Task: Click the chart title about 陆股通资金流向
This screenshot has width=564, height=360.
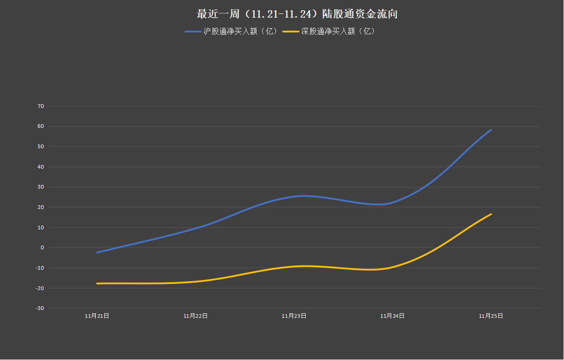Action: click(x=297, y=14)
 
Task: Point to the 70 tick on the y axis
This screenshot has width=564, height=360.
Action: click(x=41, y=106)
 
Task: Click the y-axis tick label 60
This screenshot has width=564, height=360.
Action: click(x=41, y=126)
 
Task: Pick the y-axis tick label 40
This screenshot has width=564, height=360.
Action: click(x=41, y=167)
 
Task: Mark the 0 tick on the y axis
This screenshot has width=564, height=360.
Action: click(x=42, y=247)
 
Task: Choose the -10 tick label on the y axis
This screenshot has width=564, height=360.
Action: click(x=40, y=268)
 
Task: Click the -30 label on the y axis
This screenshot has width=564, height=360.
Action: click(x=40, y=308)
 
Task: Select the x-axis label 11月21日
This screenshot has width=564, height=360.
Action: click(x=97, y=316)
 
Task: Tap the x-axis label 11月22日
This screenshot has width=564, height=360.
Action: click(x=195, y=316)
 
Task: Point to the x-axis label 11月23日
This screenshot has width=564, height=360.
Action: click(x=294, y=316)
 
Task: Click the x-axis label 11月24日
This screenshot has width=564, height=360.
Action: click(x=392, y=316)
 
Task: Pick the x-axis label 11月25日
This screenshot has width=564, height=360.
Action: click(x=491, y=316)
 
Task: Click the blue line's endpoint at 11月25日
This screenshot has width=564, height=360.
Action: click(x=491, y=130)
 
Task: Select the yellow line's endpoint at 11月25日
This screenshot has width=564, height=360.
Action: click(x=491, y=214)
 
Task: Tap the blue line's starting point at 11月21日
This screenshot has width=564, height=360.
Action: click(x=97, y=253)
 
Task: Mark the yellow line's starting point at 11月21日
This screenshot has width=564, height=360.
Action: click(x=97, y=284)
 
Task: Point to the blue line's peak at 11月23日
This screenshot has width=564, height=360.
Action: click(x=301, y=196)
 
